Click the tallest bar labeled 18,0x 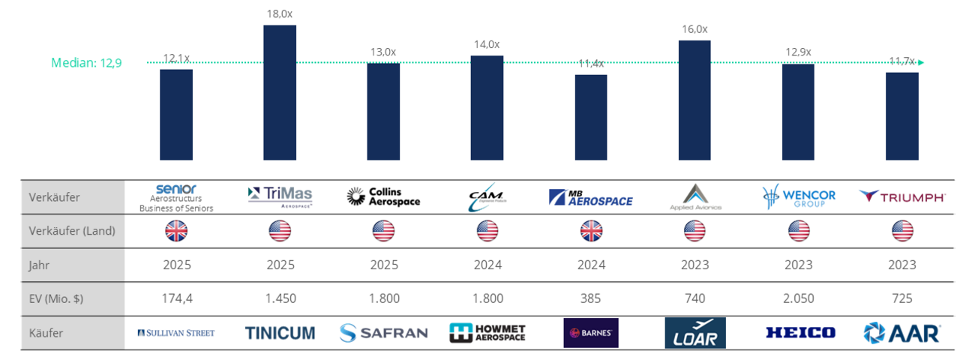pyautogui.click(x=280, y=92)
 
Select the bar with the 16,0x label pyautogui.click(x=694, y=100)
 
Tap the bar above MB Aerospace pyautogui.click(x=591, y=117)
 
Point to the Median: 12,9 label pyautogui.click(x=86, y=63)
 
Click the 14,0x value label pyautogui.click(x=487, y=44)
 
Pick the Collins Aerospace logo pyautogui.click(x=383, y=197)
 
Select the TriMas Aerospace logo pyautogui.click(x=280, y=196)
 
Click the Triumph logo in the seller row pyautogui.click(x=902, y=196)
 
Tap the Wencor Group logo pyautogui.click(x=798, y=197)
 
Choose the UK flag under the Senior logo pyautogui.click(x=176, y=231)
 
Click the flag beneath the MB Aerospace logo pyautogui.click(x=591, y=231)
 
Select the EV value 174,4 pyautogui.click(x=176, y=298)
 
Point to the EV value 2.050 pyautogui.click(x=798, y=298)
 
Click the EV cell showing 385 pyautogui.click(x=591, y=298)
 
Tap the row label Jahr pyautogui.click(x=41, y=265)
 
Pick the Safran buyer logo pyautogui.click(x=383, y=333)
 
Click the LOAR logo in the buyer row pyautogui.click(x=695, y=333)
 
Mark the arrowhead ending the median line pyautogui.click(x=921, y=63)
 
